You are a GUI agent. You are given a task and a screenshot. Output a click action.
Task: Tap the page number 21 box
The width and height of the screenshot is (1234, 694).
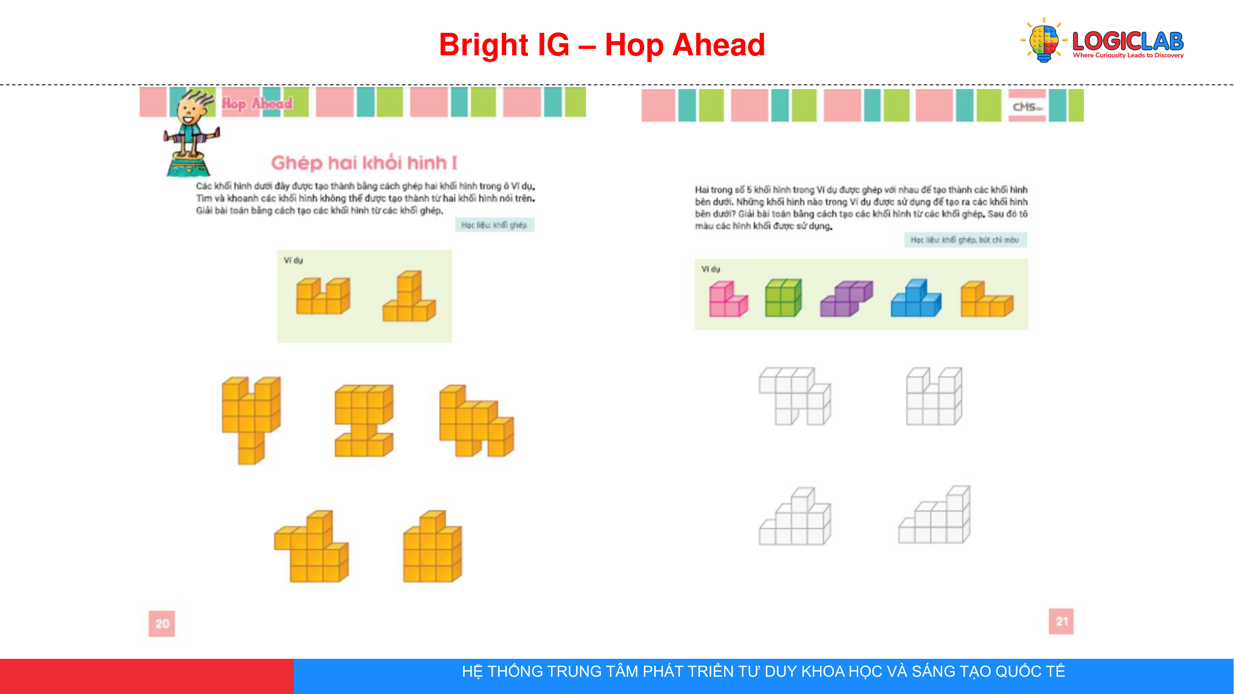coord(1061,621)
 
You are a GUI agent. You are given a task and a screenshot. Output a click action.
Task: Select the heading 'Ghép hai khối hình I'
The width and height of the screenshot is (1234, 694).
coord(364,163)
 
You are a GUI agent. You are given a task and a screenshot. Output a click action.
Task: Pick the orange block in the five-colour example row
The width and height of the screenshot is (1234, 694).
coord(987,299)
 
